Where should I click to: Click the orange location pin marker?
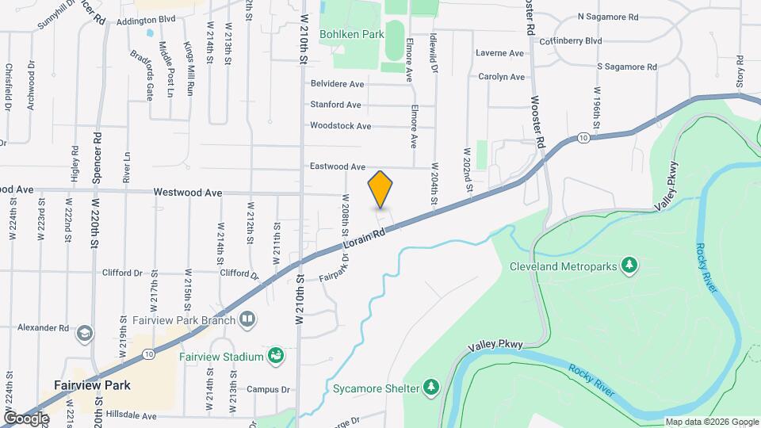coord(380,189)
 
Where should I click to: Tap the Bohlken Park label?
coord(352,34)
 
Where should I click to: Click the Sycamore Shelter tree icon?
coord(431,386)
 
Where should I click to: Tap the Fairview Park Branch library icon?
coord(248,319)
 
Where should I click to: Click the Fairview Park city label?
coord(92,385)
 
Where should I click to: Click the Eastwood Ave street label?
coord(337,167)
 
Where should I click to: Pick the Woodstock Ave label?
coord(340,126)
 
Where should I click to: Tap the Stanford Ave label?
coord(335,105)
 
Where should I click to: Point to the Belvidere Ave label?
coord(337,83)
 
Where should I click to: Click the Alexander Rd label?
coord(44,327)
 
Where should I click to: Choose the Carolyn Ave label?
coord(501,77)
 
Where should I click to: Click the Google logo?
coord(26,418)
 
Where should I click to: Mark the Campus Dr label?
coord(268,389)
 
